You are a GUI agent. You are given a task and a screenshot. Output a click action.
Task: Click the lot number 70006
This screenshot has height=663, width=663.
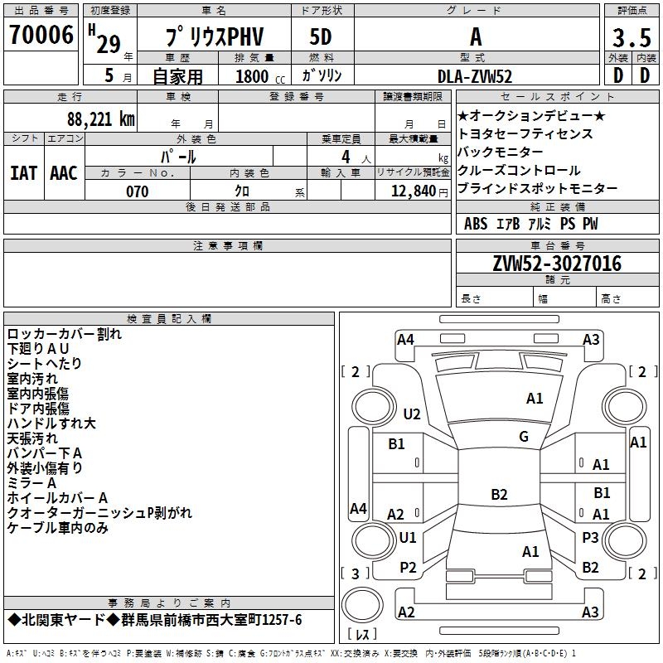tap(41, 36)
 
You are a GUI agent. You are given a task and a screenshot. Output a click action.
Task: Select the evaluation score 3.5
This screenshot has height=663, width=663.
tap(631, 38)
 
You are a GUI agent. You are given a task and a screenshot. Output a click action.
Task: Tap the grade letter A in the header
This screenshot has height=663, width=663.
tap(476, 37)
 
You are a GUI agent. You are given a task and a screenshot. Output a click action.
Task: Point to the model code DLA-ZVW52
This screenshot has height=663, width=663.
tap(475, 76)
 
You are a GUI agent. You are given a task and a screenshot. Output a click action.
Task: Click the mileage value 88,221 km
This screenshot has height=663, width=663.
tap(100, 119)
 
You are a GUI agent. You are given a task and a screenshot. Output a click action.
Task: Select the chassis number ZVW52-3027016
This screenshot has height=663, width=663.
tap(557, 264)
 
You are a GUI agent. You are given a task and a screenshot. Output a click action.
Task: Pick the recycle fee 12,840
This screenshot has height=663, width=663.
tap(411, 191)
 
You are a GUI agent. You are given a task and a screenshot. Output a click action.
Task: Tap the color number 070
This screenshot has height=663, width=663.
tap(137, 191)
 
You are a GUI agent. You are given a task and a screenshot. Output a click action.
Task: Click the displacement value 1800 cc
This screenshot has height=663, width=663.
tap(253, 77)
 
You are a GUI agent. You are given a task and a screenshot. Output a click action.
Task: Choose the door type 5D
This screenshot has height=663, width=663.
tap(321, 37)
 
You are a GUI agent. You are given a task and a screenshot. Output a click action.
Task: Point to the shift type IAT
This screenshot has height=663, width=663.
tap(23, 173)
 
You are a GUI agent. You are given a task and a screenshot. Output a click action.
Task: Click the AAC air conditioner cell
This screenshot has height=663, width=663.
tap(64, 173)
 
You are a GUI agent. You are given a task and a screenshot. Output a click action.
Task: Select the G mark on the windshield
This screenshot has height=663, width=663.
tap(524, 436)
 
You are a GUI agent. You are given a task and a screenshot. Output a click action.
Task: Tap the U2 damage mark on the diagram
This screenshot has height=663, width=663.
tap(412, 414)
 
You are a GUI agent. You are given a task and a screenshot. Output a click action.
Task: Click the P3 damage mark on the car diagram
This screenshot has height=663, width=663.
tap(590, 537)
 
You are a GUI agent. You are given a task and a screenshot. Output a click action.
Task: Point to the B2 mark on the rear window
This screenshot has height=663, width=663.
tap(499, 495)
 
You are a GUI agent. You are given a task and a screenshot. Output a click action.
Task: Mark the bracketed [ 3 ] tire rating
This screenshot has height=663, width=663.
tap(356, 573)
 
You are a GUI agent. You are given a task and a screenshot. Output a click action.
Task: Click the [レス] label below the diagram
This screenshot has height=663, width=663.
tap(362, 635)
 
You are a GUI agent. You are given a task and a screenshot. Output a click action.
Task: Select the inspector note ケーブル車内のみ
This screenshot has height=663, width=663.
tap(58, 528)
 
